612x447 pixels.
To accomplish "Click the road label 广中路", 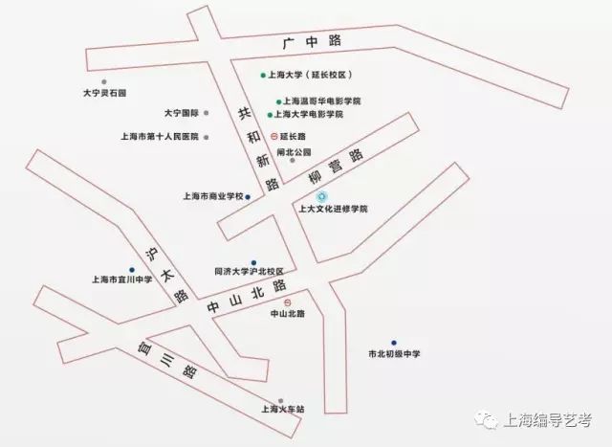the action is (314, 42).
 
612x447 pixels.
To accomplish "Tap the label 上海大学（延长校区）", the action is (313, 75).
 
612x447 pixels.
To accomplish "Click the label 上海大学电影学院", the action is (312, 114).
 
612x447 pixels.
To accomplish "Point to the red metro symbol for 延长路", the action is (274, 136).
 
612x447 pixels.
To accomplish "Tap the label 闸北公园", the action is (293, 151).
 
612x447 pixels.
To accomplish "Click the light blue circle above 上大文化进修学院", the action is (307, 196).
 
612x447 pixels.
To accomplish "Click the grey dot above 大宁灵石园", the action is (117, 81).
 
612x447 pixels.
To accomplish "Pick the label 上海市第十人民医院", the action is (159, 137).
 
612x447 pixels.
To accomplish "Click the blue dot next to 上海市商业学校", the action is (248, 197).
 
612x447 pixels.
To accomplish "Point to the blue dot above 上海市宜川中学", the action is (131, 269).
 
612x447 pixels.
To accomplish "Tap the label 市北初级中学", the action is (394, 354).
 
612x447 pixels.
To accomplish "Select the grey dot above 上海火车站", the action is (280, 400).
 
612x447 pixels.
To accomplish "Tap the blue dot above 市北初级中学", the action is (393, 343).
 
